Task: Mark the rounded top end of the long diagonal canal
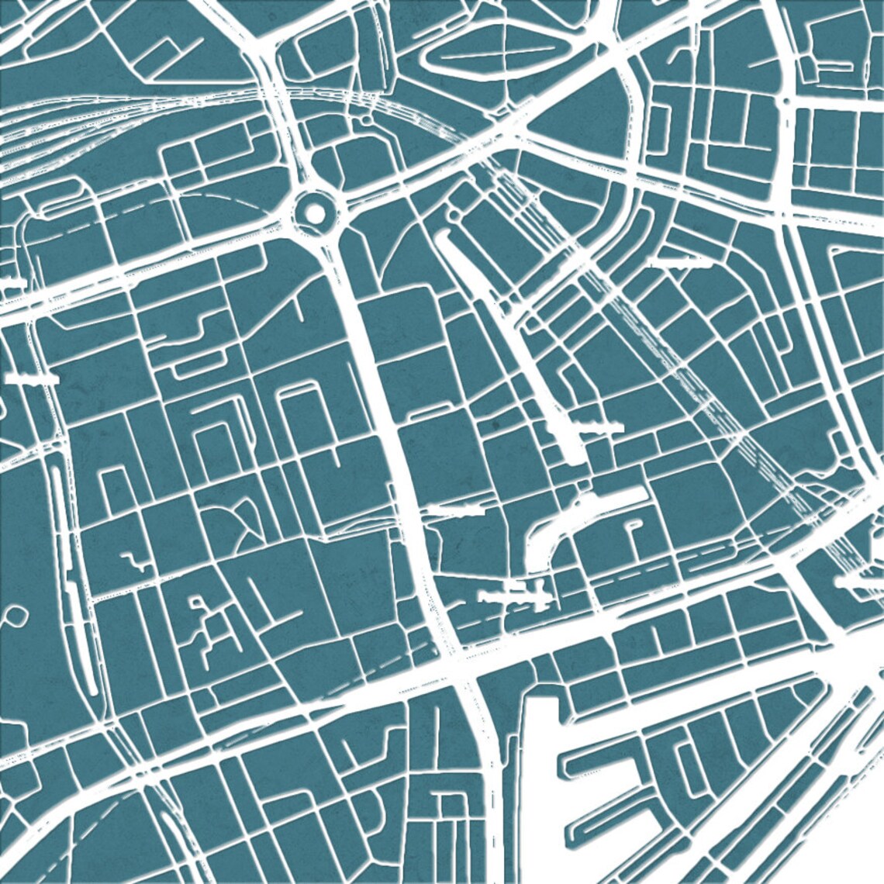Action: point(444,237)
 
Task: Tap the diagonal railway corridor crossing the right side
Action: point(682,364)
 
